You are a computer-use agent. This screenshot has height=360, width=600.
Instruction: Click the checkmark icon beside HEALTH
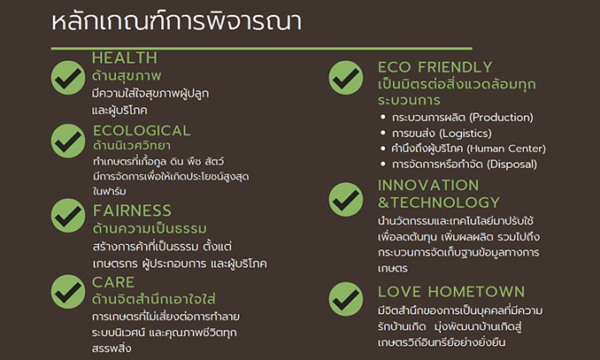68,78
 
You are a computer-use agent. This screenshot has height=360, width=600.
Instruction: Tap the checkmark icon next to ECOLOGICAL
68,141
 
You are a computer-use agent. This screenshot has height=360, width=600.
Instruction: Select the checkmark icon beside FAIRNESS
68,216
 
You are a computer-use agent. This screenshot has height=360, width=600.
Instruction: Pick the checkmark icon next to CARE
68,292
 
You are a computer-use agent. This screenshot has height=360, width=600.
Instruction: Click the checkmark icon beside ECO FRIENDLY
346,78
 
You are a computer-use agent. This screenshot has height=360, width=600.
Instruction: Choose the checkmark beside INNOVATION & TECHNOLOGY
346,199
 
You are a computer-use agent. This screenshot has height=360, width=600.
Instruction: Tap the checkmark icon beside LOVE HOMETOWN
346,299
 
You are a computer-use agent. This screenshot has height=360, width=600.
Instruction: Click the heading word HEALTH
125,58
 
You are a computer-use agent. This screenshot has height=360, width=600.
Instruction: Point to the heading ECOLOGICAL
142,131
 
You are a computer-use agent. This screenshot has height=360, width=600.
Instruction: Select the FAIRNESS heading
133,211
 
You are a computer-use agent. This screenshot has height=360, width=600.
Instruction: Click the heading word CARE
113,283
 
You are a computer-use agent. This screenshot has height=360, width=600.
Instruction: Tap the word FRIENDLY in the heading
455,67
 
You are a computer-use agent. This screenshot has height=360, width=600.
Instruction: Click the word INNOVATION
428,185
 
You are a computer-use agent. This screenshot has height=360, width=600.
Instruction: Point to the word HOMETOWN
476,292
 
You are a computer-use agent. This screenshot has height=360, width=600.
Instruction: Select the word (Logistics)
465,134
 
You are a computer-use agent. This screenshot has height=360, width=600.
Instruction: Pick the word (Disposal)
512,165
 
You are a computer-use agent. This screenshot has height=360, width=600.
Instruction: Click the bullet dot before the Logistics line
383,133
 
